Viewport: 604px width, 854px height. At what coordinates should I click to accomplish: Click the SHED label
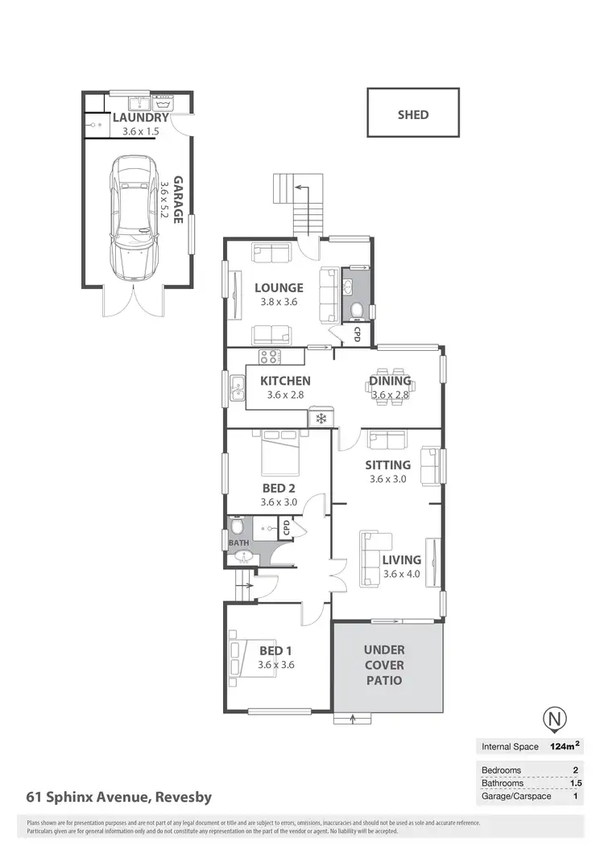(413, 114)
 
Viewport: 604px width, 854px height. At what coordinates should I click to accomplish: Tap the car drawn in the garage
(134, 217)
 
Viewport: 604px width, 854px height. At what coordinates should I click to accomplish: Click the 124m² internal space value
(565, 746)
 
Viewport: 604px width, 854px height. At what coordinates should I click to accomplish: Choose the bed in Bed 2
(280, 455)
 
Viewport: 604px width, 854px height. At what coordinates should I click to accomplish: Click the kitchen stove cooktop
(269, 357)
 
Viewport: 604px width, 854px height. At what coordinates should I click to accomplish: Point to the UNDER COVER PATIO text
(384, 665)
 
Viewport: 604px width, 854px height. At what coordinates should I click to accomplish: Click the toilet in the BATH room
(236, 527)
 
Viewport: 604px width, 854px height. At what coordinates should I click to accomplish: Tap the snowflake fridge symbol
(321, 419)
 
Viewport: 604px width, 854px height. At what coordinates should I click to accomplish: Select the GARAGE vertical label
(177, 200)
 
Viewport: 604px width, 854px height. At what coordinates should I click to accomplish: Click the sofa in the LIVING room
(371, 558)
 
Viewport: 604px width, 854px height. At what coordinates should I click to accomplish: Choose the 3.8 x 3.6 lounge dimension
(279, 303)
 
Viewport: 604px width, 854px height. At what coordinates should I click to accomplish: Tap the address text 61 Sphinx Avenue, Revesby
(119, 797)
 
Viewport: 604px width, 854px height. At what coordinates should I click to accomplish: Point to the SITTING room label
(387, 464)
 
